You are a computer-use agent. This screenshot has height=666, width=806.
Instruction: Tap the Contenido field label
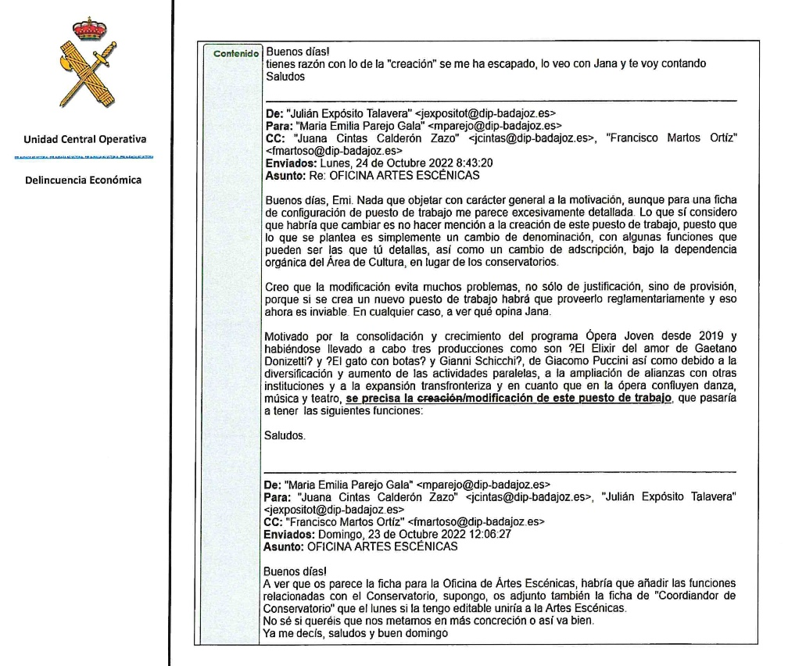(235, 54)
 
